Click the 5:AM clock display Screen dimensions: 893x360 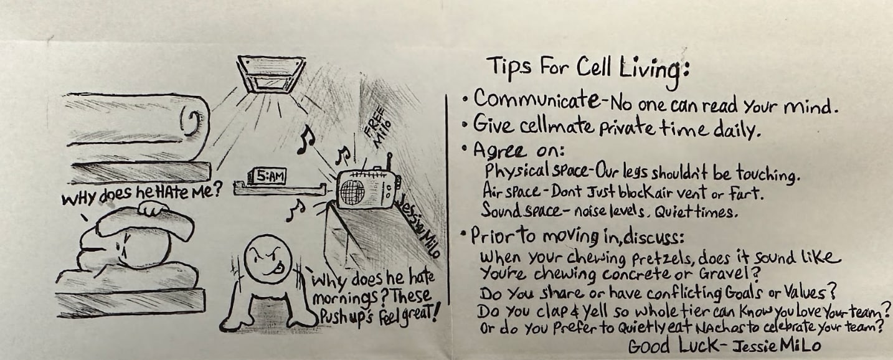267,176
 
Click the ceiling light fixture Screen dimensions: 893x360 271,74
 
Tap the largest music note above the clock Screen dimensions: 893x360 306,140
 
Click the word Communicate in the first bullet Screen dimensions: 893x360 536,99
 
